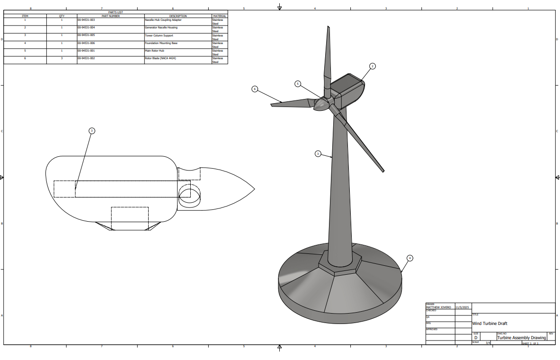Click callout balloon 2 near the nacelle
click(x=373, y=66)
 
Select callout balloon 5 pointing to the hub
click(x=298, y=84)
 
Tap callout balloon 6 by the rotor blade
click(x=255, y=89)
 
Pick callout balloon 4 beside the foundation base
click(x=410, y=258)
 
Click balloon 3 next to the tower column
click(x=318, y=153)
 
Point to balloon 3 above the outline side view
click(x=92, y=130)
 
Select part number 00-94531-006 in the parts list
click(x=86, y=43)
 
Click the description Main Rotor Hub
click(x=154, y=51)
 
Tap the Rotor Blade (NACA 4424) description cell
click(x=160, y=58)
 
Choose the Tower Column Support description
click(x=159, y=36)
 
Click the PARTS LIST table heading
click(x=116, y=12)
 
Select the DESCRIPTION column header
click(x=178, y=16)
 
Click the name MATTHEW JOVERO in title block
click(x=438, y=307)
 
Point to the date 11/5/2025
click(x=462, y=307)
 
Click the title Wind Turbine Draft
click(x=489, y=324)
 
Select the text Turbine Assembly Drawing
click(x=521, y=338)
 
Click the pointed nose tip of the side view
click(x=254, y=189)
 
